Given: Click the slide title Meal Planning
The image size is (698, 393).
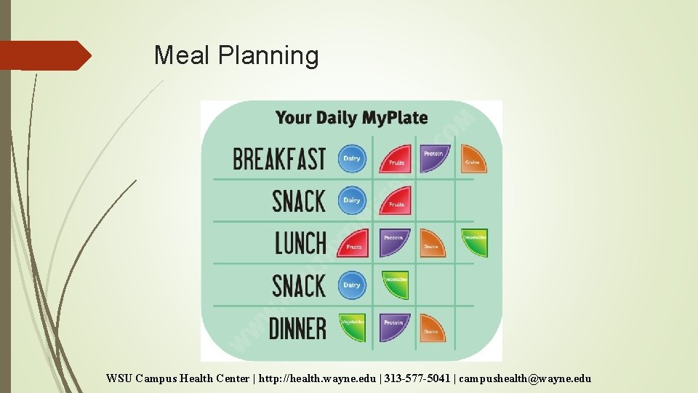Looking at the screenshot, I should tap(236, 55).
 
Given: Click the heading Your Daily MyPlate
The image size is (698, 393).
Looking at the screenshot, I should tap(351, 117).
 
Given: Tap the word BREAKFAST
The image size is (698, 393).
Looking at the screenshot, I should tap(279, 159).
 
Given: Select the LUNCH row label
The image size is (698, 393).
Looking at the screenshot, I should tap(300, 243).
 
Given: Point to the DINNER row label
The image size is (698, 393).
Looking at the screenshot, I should tap(297, 328).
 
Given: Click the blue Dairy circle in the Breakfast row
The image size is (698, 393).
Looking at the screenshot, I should tap(352, 159).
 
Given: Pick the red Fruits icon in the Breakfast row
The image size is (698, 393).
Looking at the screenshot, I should tap(395, 159).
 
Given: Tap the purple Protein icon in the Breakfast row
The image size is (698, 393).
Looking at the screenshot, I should tap(435, 158).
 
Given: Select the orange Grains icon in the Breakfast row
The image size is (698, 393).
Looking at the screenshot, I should tap(473, 158).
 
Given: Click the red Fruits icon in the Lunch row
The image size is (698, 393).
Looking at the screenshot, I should tap(353, 243).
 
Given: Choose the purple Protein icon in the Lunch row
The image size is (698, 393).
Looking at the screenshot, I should tap(395, 242).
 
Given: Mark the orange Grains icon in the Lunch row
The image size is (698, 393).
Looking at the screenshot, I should tap(433, 243).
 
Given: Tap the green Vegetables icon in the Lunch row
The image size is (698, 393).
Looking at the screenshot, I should tap(474, 242).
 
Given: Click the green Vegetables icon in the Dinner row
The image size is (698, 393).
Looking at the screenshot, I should tap(353, 327).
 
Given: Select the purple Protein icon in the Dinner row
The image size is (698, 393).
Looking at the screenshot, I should tap(395, 327).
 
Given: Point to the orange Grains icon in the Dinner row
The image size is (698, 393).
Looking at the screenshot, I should tap(433, 327).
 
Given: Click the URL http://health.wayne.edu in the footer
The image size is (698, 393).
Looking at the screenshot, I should tap(317, 378).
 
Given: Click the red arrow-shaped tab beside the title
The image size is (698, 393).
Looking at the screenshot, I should tap(44, 55).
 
